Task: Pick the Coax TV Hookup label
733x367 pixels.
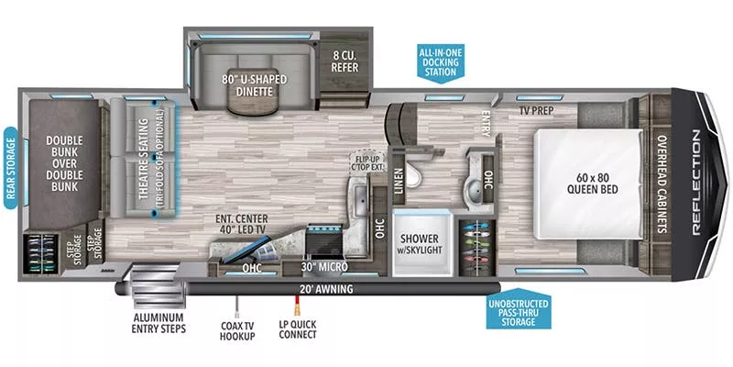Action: click(x=238, y=328)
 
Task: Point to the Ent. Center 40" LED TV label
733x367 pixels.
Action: click(x=242, y=223)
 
